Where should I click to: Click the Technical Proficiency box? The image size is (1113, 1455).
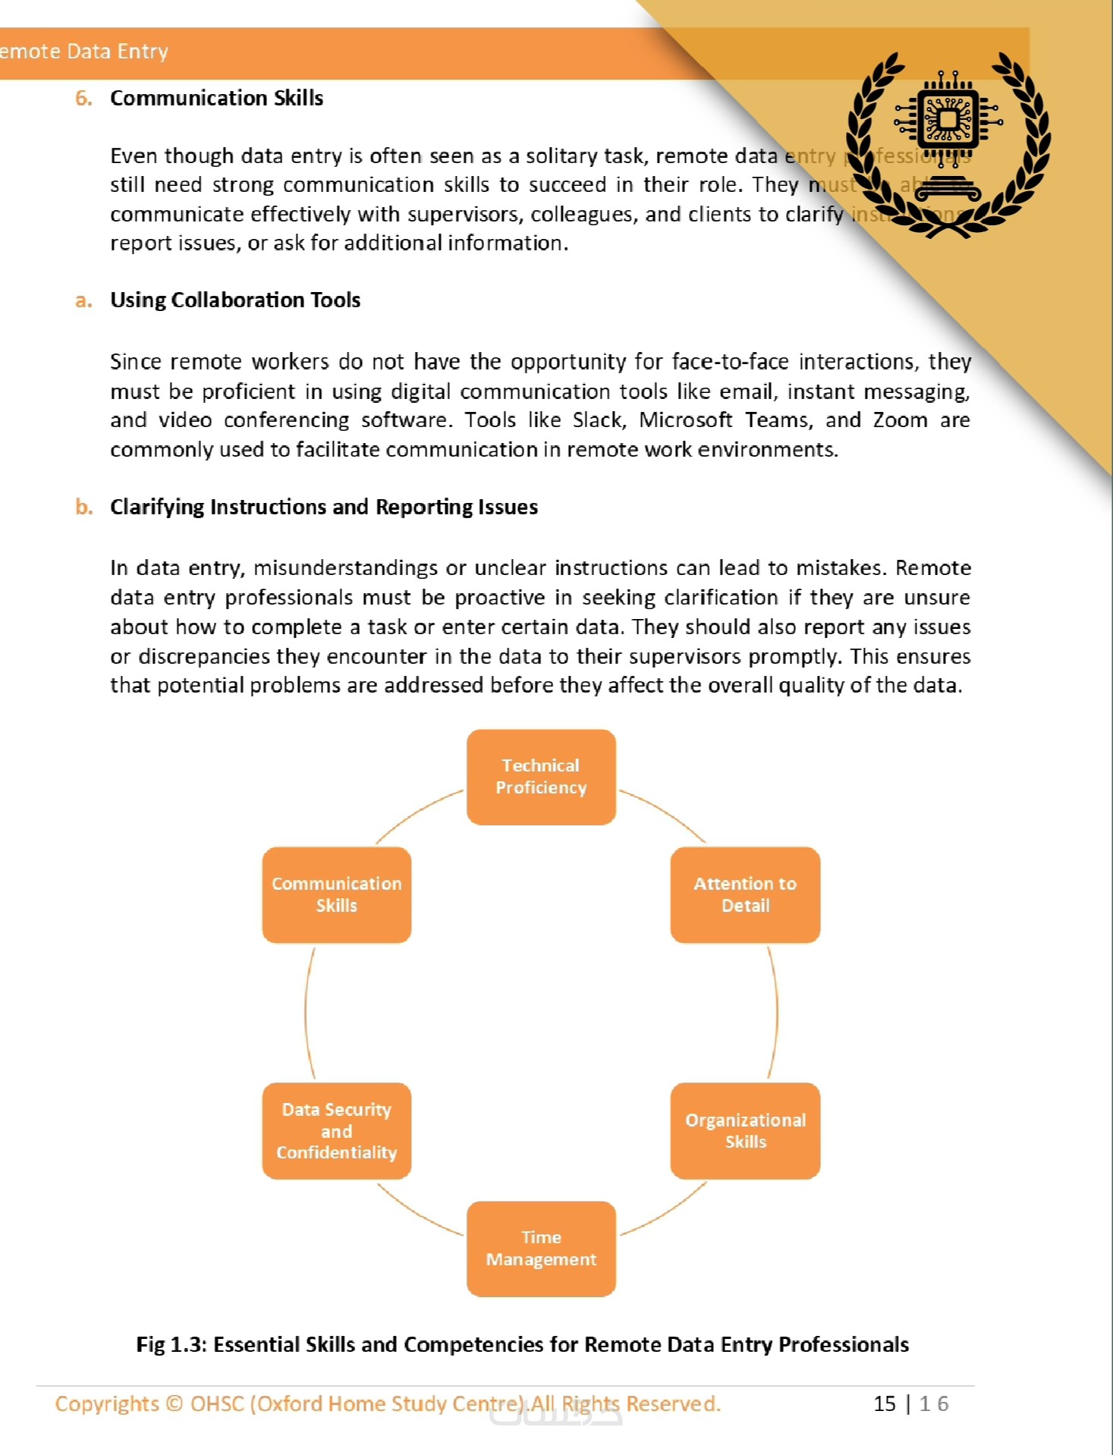coord(541,777)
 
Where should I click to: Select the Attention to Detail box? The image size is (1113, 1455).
coord(745,895)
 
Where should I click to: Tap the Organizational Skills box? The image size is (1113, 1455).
coord(745,1131)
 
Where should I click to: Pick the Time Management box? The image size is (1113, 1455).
coord(541,1249)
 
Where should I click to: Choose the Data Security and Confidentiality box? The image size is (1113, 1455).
coord(337,1131)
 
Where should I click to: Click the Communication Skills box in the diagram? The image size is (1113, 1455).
coord(337,895)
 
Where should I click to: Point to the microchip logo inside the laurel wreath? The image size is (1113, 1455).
coord(948,120)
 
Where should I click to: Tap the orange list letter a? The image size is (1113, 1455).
coord(83,301)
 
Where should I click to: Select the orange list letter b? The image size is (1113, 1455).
coord(83,507)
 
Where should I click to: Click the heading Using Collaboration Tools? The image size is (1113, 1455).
coord(235,300)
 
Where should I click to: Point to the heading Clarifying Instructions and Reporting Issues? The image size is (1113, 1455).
coord(324,507)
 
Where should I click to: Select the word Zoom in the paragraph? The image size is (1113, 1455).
coord(900,420)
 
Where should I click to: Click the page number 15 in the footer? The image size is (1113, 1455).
coord(885,1403)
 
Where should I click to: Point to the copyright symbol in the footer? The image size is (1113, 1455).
coord(174,1404)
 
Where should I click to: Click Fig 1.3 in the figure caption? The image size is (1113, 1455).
coord(171,1345)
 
